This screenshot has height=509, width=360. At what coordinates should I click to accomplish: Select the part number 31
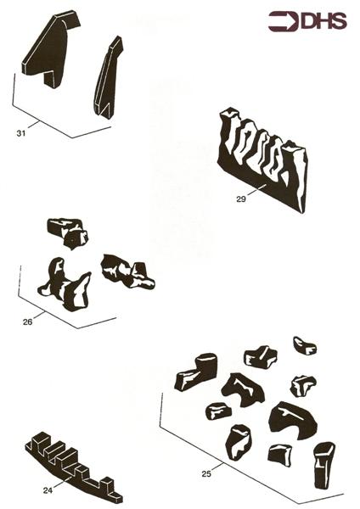pos(20,133)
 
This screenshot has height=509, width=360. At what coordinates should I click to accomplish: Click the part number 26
pos(28,322)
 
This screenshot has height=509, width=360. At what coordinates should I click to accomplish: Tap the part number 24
pos(47,489)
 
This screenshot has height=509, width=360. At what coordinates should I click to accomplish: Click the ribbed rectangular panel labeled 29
pos(263,161)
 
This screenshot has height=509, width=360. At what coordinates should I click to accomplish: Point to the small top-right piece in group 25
pos(304,345)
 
